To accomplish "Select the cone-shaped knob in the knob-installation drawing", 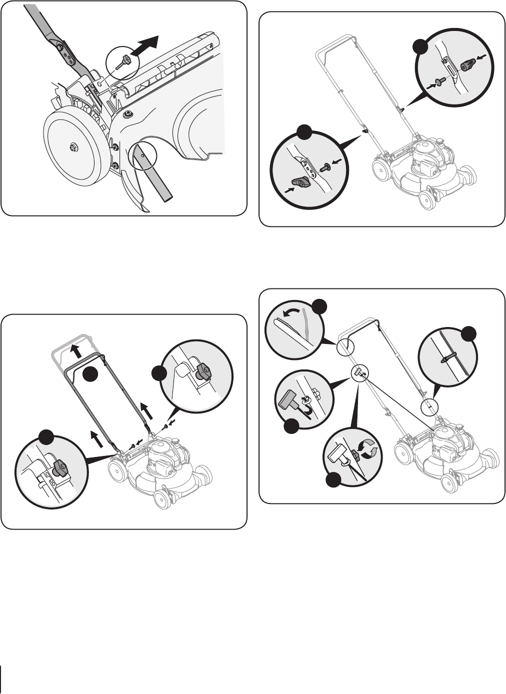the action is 468,64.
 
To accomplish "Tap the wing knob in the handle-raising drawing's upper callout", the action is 204,370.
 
